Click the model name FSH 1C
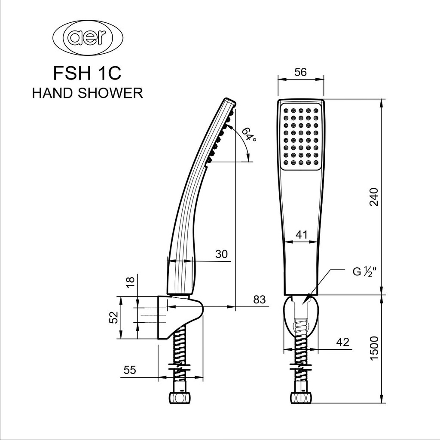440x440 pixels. point(87,73)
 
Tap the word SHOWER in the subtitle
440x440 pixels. point(110,93)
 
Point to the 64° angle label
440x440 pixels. point(249,134)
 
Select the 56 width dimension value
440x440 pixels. point(300,72)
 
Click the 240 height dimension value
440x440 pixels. point(374,197)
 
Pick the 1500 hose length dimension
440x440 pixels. point(374,348)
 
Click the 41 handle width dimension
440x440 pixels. point(302,235)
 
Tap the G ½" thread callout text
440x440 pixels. point(364,272)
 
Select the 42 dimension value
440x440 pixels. point(343,342)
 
